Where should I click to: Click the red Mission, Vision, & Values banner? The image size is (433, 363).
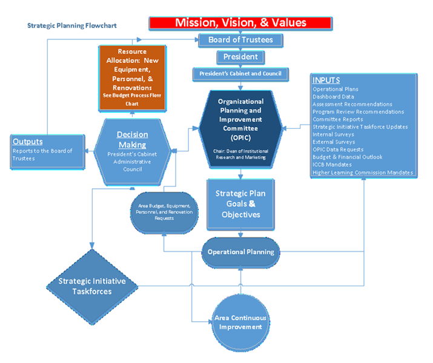click(240, 23)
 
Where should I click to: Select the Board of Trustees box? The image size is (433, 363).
click(240, 41)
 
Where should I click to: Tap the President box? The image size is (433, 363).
click(240, 57)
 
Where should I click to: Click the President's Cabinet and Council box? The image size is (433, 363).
click(240, 74)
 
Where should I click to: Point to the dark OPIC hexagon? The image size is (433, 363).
click(240, 126)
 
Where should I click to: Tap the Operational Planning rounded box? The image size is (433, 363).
click(240, 252)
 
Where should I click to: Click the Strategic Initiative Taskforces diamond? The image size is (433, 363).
click(92, 286)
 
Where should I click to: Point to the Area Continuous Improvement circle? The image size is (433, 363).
click(240, 322)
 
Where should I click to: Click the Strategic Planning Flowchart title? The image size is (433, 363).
click(72, 26)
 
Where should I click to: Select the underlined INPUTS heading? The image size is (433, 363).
click(326, 80)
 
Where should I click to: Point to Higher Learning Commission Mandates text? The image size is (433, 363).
click(362, 172)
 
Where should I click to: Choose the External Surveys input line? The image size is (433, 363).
click(333, 142)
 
